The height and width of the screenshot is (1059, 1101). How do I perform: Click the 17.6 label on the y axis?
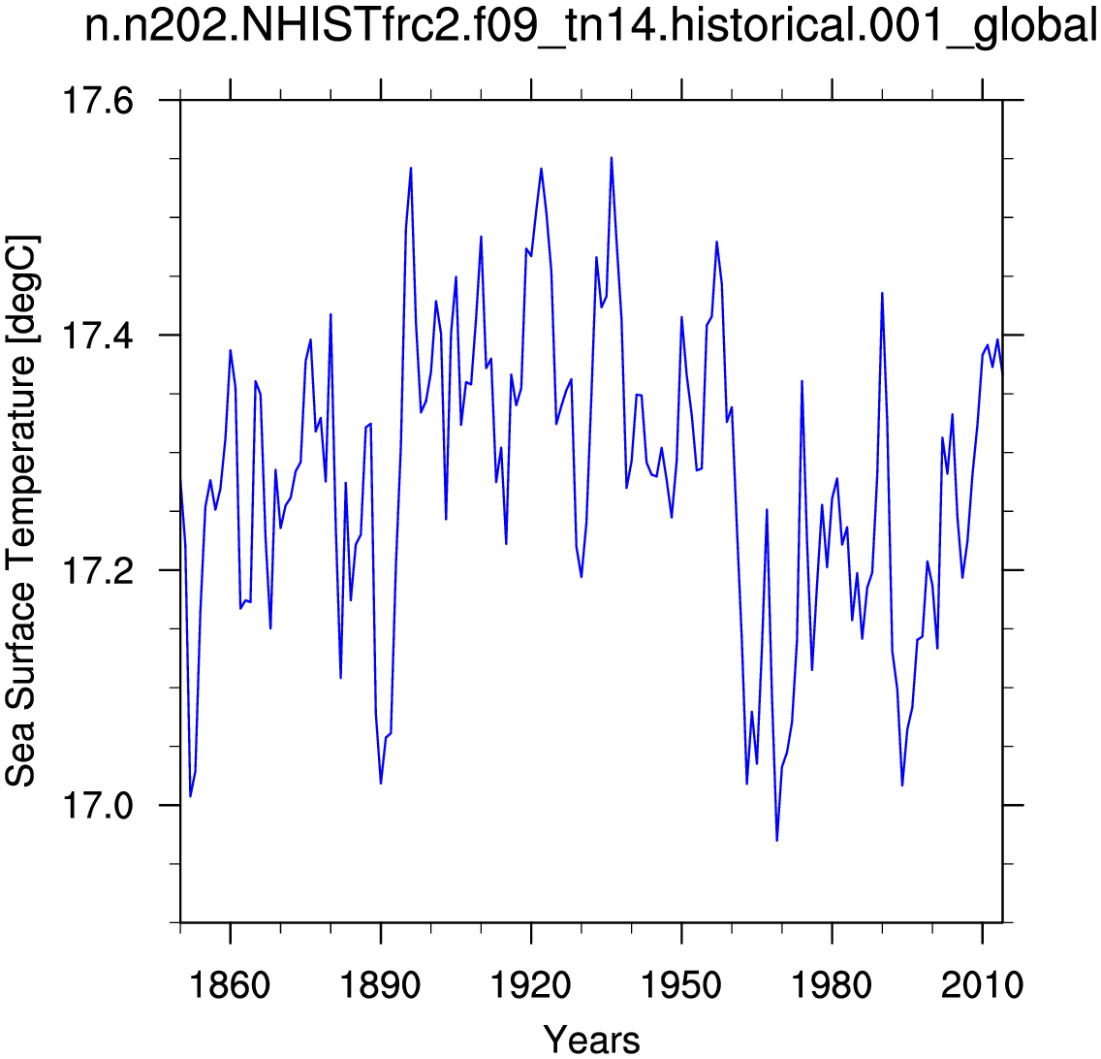tap(97, 101)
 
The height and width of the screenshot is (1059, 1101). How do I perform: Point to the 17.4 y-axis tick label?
tap(97, 336)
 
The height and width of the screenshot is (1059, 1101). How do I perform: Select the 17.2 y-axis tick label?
tap(97, 570)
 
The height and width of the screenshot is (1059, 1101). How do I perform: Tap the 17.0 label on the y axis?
tap(97, 805)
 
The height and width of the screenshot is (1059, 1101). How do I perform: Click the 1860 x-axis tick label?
tap(230, 985)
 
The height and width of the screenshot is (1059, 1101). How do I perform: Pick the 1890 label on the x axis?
tap(380, 985)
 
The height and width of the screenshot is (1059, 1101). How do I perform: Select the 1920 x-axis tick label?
tap(531, 985)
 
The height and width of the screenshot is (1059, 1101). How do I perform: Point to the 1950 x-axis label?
tap(681, 985)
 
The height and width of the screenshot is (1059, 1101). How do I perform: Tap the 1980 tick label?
tap(832, 985)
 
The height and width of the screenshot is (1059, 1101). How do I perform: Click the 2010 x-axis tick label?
tap(983, 985)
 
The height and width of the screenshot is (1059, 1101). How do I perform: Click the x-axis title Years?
tap(592, 1040)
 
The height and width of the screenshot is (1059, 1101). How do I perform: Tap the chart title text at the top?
tap(591, 27)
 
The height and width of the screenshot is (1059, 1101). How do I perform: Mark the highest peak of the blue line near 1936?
tap(612, 157)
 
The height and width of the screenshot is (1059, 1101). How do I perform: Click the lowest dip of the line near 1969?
tap(776, 841)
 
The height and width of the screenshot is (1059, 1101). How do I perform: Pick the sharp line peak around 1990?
tap(882, 293)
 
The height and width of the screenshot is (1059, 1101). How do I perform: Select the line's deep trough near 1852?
tap(190, 796)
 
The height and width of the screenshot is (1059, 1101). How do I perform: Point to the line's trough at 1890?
tap(381, 783)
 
